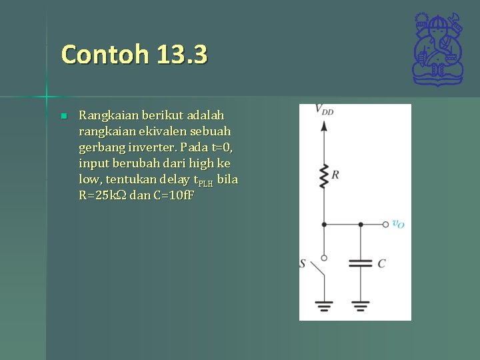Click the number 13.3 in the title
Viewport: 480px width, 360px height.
click(x=183, y=54)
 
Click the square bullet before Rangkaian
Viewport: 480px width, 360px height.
click(x=63, y=116)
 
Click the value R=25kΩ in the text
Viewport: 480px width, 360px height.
click(x=102, y=196)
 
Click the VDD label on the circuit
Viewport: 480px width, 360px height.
click(x=324, y=110)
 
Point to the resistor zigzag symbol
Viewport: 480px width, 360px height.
click(x=324, y=176)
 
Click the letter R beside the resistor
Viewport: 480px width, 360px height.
click(x=335, y=175)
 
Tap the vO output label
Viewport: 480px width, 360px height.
click(x=398, y=225)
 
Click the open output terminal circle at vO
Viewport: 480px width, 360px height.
click(x=386, y=225)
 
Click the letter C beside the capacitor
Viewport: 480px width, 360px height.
click(x=381, y=263)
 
